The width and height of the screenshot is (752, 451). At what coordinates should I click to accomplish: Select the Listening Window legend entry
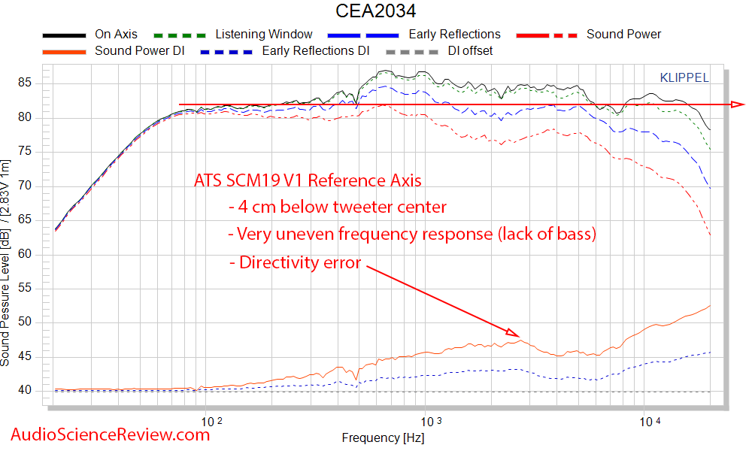263,35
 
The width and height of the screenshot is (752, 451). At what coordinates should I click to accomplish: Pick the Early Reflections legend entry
454,35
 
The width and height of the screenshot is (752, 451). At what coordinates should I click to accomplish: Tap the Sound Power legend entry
623,35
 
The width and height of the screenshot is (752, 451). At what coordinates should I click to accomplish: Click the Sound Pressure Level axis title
7,263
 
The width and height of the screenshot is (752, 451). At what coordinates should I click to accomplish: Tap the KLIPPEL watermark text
684,77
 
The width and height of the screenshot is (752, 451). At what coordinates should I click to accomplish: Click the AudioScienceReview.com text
111,434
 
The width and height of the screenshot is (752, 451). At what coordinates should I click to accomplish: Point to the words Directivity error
300,263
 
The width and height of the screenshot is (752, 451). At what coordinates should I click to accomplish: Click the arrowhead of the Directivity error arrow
514,332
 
